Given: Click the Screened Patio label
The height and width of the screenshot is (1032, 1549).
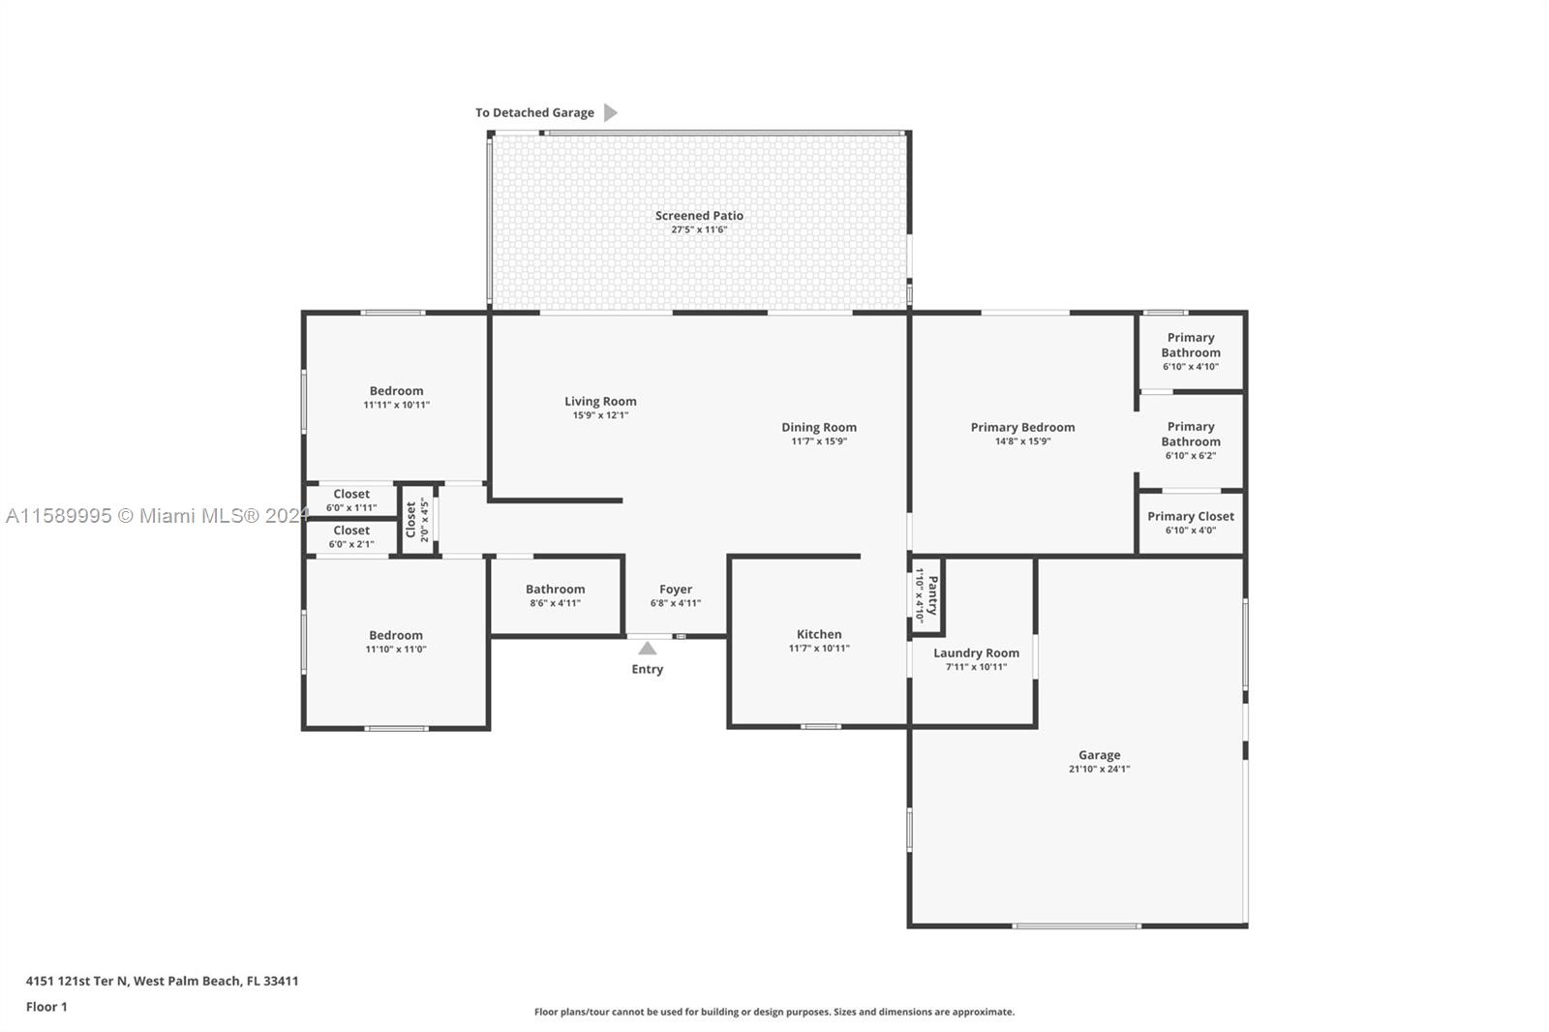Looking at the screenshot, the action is [699, 216].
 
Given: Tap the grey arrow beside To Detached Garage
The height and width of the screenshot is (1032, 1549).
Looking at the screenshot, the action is [610, 112].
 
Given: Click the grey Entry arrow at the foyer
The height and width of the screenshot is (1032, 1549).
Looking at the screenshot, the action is [648, 648].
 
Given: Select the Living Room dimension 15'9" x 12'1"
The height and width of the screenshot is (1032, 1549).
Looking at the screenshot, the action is [600, 415].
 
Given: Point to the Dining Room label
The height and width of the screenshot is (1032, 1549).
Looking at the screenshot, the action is [819, 428].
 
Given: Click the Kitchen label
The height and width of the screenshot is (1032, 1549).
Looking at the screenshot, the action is [819, 634].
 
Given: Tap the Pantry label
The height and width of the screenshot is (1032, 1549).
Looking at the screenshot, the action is [933, 595].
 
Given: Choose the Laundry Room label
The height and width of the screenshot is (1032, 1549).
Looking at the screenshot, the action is [976, 653].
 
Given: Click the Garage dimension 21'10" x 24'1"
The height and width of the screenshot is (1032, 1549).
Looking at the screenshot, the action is [1099, 769].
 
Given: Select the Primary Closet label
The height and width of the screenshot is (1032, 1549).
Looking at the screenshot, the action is [1190, 517].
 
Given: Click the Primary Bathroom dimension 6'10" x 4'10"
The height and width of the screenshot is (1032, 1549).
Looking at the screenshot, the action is [1190, 367].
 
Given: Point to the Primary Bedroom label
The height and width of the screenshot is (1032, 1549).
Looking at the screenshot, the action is [1022, 428].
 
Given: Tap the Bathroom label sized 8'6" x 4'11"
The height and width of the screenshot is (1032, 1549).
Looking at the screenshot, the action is [556, 590].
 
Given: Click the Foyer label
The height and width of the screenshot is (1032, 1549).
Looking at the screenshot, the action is [676, 590].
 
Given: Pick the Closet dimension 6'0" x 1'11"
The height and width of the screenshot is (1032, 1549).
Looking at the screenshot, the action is [351, 507].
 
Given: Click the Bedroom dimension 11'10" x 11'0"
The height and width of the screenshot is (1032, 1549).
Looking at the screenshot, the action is [396, 649].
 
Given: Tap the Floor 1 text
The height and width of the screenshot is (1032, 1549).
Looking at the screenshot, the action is [46, 1007].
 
